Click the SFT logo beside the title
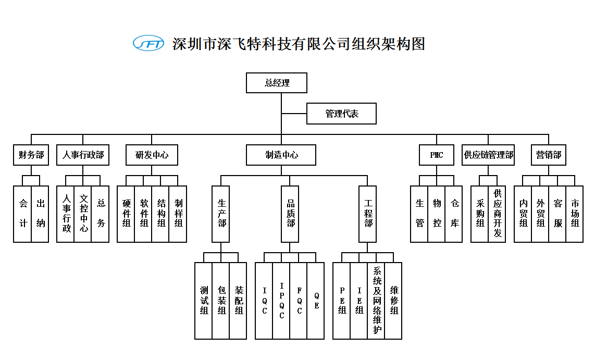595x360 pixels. click(148, 43)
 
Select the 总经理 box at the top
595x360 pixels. click(277, 83)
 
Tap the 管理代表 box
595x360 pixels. click(341, 114)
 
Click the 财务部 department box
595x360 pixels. click(31, 155)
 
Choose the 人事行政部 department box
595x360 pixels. click(83, 155)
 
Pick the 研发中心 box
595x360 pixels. click(152, 155)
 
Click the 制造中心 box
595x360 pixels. click(281, 155)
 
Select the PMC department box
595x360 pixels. click(437, 155)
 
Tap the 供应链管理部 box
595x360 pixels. click(489, 155)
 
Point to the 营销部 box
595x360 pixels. click(549, 155)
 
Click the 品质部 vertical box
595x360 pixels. click(290, 214)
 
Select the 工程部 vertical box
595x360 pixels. click(368, 214)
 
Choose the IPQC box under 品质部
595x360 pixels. click(281, 301)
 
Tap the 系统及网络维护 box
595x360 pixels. click(377, 301)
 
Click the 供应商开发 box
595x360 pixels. click(497, 214)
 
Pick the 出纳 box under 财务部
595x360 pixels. click(40, 214)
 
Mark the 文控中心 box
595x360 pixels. click(83, 214)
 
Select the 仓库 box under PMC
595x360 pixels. click(454, 214)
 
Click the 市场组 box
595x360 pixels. click(575, 214)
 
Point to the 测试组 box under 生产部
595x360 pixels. click(204, 301)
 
